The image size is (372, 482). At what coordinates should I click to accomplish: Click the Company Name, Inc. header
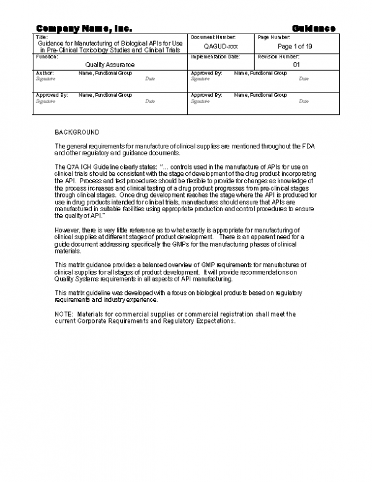tap(84, 28)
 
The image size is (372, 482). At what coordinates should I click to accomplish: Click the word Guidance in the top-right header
tap(314, 28)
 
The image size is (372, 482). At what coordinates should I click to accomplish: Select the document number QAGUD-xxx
tap(221, 47)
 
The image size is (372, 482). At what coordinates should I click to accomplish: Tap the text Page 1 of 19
tap(295, 47)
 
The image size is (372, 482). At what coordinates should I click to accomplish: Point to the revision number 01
tap(296, 64)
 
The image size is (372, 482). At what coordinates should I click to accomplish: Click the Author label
tap(45, 73)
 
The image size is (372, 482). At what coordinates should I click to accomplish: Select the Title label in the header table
tap(42, 38)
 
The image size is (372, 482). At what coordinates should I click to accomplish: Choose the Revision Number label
tap(278, 57)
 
